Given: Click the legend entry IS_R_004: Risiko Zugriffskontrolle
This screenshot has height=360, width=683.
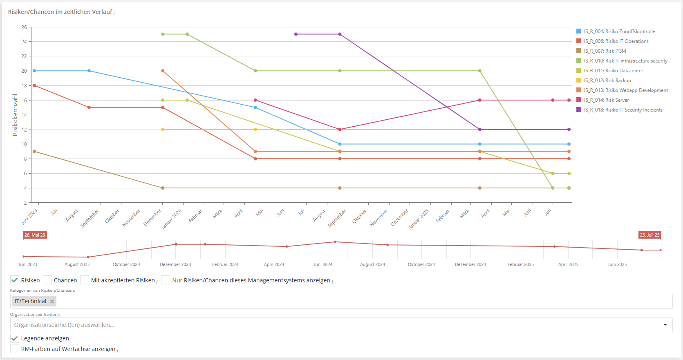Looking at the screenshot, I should (619, 31).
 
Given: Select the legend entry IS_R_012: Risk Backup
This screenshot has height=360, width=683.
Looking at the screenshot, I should (607, 80).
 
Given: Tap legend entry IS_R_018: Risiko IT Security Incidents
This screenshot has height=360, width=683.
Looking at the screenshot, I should (623, 110).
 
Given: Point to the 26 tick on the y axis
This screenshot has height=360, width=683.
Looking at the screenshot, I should (24, 27).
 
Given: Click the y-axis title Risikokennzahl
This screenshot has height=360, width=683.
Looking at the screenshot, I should (15, 115).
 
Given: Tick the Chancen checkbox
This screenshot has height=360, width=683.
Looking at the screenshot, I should (47, 280).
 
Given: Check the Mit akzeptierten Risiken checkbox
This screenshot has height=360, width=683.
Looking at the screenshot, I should (85, 280).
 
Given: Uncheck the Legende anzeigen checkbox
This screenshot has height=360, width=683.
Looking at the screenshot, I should (15, 338).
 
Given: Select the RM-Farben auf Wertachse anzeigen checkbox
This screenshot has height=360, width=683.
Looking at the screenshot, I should (15, 349).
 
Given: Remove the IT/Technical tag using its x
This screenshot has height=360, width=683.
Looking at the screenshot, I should (52, 302).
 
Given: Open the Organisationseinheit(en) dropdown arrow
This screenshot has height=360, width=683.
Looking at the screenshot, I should (665, 325).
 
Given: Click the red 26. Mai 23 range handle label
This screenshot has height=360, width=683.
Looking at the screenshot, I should (35, 235).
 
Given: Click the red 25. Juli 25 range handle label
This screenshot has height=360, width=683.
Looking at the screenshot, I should (649, 235).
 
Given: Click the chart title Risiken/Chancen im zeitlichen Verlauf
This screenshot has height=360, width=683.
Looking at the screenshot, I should (60, 12).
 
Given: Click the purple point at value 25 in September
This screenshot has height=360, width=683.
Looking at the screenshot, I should (340, 34).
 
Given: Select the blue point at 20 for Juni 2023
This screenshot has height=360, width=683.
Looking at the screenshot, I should (34, 71).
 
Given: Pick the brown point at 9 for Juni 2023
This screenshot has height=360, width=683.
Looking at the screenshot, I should (34, 152).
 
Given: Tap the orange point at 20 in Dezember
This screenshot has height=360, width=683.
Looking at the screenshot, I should (163, 71).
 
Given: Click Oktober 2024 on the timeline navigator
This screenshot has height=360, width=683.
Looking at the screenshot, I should (421, 264).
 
